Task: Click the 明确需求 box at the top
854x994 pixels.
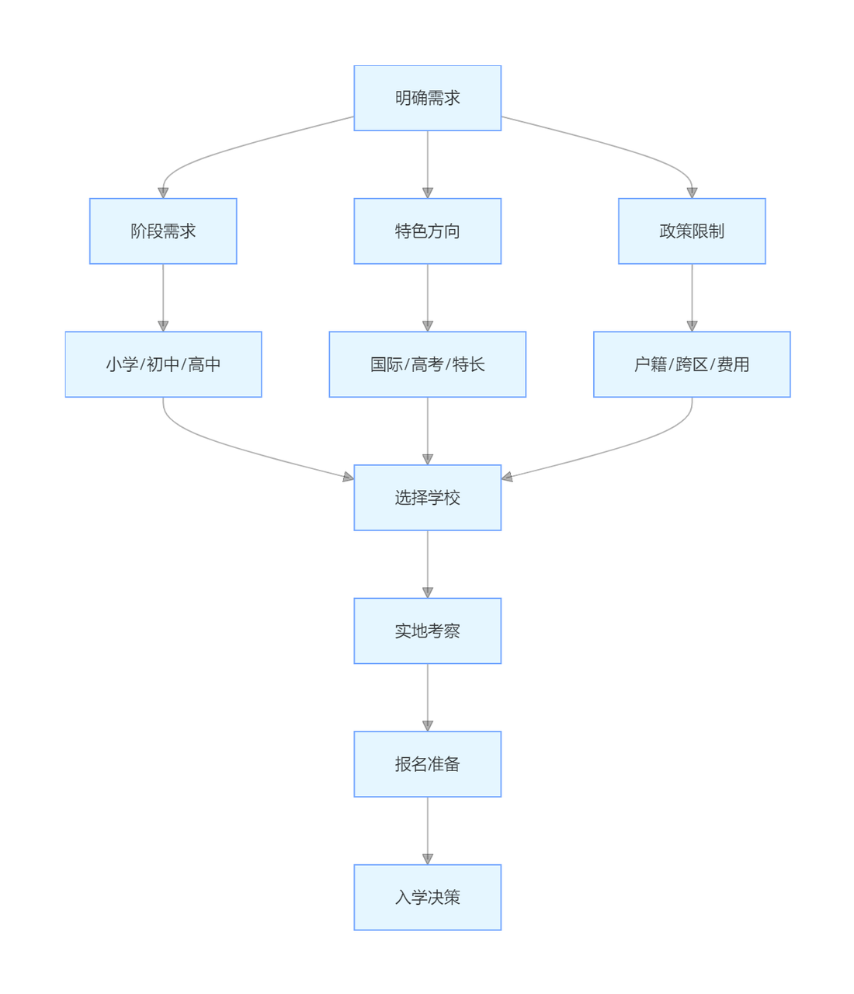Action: coord(427,98)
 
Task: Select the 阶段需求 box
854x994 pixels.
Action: coord(163,231)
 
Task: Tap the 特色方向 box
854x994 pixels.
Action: coord(427,231)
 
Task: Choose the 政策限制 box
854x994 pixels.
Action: coord(691,231)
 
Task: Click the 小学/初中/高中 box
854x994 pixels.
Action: coord(163,364)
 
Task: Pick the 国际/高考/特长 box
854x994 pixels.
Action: coord(427,364)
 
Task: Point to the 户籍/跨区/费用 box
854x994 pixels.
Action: coord(691,364)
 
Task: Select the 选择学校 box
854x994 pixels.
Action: coord(427,498)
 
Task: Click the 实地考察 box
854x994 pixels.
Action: coord(427,631)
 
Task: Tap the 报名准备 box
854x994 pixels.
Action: coord(427,764)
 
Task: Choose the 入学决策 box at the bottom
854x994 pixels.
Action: coord(427,897)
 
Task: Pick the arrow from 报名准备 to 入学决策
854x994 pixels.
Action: coord(427,829)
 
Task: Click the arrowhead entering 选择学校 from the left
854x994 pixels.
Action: coord(349,477)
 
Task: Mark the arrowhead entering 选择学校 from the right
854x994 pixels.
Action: coord(507,477)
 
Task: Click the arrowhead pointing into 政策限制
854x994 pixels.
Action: coord(692,193)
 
